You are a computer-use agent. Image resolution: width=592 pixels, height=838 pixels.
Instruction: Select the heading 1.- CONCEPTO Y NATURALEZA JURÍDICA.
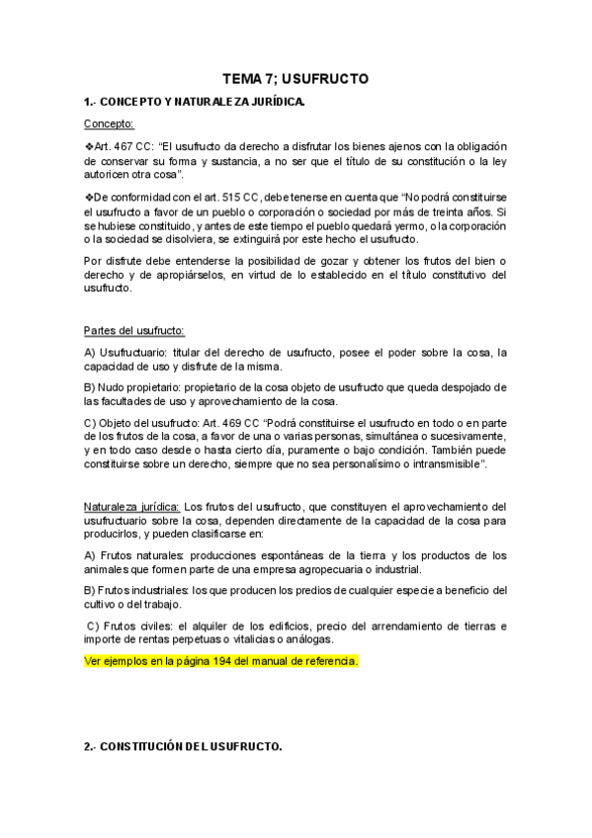(195, 101)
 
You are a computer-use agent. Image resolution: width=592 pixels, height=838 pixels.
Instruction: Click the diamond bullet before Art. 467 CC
(88, 145)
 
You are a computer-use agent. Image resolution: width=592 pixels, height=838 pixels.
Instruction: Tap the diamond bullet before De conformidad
(88, 196)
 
